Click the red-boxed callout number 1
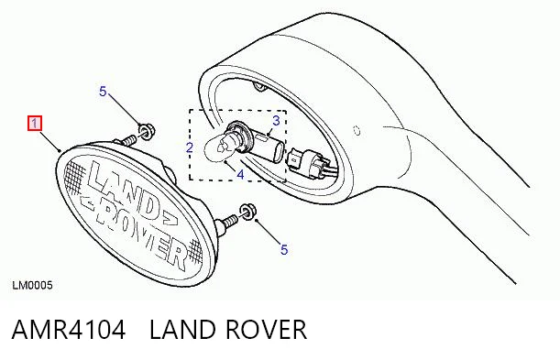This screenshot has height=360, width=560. click(35, 124)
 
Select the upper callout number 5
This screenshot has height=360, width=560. click(103, 92)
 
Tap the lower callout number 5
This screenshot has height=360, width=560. click(284, 250)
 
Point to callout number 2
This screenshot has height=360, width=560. click(190, 147)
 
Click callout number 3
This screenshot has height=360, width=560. click(276, 121)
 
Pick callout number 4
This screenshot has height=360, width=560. click(240, 174)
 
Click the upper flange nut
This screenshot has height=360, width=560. click(146, 131)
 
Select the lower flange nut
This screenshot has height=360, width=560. click(247, 212)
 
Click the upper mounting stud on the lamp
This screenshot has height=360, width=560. click(128, 139)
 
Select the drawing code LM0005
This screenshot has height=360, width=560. click(32, 286)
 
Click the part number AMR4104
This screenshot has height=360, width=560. click(69, 330)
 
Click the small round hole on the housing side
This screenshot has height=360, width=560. click(357, 131)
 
